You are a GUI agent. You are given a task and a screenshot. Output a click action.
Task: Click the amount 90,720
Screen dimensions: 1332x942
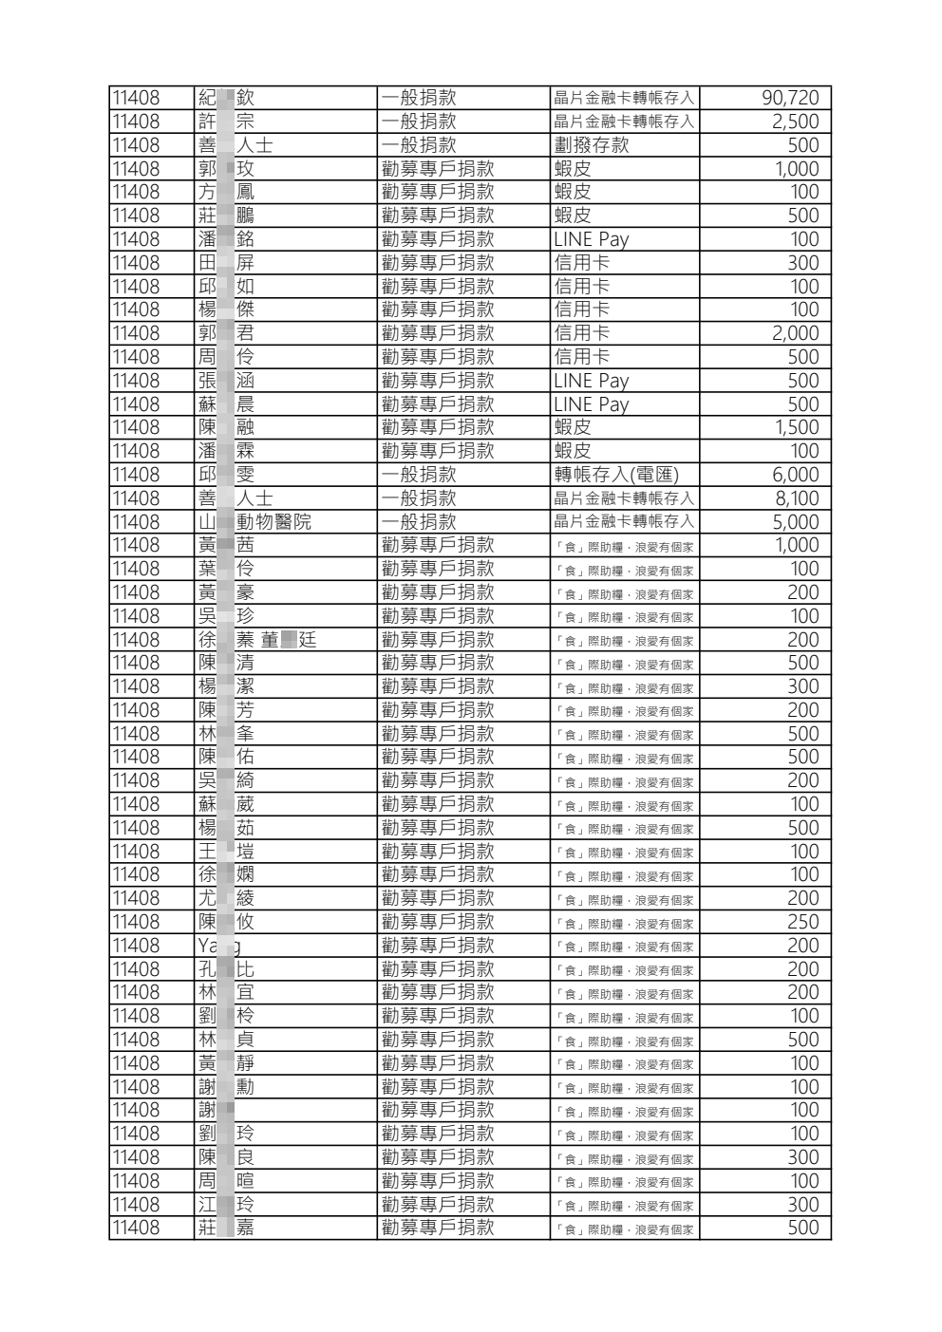(x=789, y=98)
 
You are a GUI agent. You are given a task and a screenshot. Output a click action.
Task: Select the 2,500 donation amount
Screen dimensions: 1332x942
(x=795, y=122)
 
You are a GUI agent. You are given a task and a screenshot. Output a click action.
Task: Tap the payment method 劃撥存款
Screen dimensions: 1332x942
(x=591, y=145)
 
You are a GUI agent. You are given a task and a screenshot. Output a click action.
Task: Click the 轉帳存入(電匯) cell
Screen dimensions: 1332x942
(x=616, y=475)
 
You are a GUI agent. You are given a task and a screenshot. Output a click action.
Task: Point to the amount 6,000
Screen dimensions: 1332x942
(x=795, y=475)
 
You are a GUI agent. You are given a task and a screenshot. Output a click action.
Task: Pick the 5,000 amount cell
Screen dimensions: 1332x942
(x=795, y=522)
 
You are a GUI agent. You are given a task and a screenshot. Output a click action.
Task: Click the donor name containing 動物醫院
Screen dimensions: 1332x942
(x=254, y=522)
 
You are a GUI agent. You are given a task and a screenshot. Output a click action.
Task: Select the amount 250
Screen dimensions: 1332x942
(x=802, y=922)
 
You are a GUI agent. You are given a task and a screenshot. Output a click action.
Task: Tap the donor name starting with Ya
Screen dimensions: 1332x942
(x=218, y=946)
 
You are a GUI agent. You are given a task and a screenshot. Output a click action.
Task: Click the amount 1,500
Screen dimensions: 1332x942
(x=797, y=427)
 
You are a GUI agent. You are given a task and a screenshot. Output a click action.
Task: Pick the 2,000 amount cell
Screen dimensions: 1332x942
(x=795, y=333)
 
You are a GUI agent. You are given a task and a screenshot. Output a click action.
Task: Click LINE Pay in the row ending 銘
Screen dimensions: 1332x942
(x=591, y=239)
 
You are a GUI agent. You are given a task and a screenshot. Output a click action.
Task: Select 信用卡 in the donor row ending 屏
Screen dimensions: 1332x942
(x=582, y=263)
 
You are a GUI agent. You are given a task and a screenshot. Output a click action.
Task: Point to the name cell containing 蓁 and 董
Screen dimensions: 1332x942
(x=256, y=640)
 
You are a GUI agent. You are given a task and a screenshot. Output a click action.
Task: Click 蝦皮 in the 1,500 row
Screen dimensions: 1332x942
(x=573, y=427)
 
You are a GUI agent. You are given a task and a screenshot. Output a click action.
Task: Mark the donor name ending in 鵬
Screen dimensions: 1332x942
(x=226, y=216)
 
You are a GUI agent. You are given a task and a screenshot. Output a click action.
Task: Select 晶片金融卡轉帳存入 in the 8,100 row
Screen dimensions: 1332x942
(x=624, y=498)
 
